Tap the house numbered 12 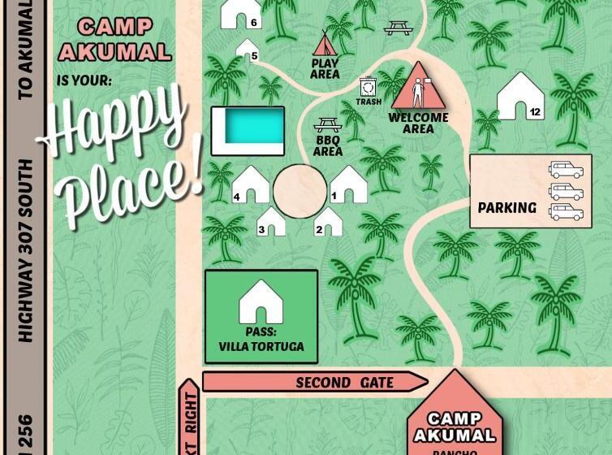pyautogui.click(x=520, y=97)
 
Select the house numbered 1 pyautogui.click(x=347, y=184)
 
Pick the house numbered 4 pyautogui.click(x=251, y=184)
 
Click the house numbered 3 pyautogui.click(x=271, y=222)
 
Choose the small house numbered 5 pyautogui.click(x=247, y=50)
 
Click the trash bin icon pyautogui.click(x=368, y=87)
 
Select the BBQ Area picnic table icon pyautogui.click(x=327, y=125)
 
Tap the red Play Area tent pyautogui.click(x=325, y=43)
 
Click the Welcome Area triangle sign pyautogui.click(x=418, y=88)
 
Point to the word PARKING pyautogui.click(x=506, y=208)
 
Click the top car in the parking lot pyautogui.click(x=565, y=170)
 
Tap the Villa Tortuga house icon pyautogui.click(x=261, y=302)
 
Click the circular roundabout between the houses pyautogui.click(x=300, y=191)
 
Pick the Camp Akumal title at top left pyautogui.click(x=114, y=39)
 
